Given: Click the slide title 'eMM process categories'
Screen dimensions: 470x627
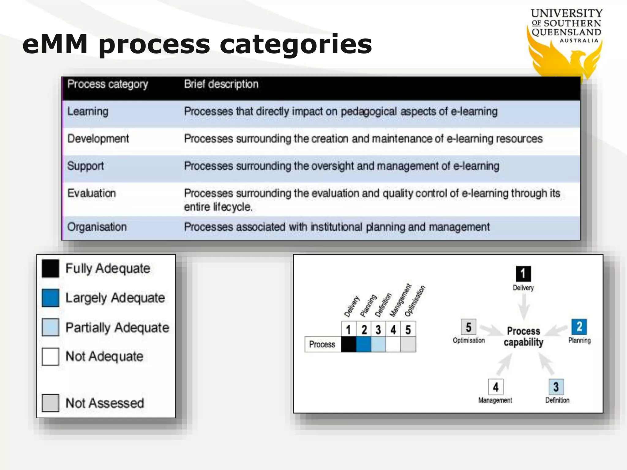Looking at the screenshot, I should pos(197,44).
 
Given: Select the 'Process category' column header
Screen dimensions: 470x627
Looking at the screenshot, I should pos(107,84).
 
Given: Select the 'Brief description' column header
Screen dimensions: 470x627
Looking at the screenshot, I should pos(221,84).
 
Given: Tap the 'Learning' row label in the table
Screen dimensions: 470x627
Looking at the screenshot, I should pos(88,111).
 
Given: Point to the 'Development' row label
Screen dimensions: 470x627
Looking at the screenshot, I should pos(98,139).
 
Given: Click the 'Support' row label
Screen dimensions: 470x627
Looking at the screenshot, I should pos(85,166).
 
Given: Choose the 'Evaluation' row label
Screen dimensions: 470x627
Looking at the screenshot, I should pos(92,193).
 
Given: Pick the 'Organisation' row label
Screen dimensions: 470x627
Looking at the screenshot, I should pos(97,227).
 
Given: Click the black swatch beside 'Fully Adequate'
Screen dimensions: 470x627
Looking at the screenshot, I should pos(51,269).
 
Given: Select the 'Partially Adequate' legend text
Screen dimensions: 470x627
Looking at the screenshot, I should pos(117,328).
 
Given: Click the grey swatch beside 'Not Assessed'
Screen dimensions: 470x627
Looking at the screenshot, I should pos(51,403).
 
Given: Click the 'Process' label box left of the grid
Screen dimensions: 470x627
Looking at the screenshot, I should pos(322,345).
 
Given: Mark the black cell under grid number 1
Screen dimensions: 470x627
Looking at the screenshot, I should pos(348,345).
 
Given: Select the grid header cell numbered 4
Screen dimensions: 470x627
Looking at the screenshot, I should pos(393,330).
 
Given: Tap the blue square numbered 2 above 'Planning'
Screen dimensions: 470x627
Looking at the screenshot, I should pos(579,327).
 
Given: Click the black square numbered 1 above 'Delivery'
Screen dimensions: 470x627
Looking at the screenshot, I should pos(523,274).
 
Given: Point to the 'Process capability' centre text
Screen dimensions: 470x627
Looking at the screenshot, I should pos(524,337).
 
